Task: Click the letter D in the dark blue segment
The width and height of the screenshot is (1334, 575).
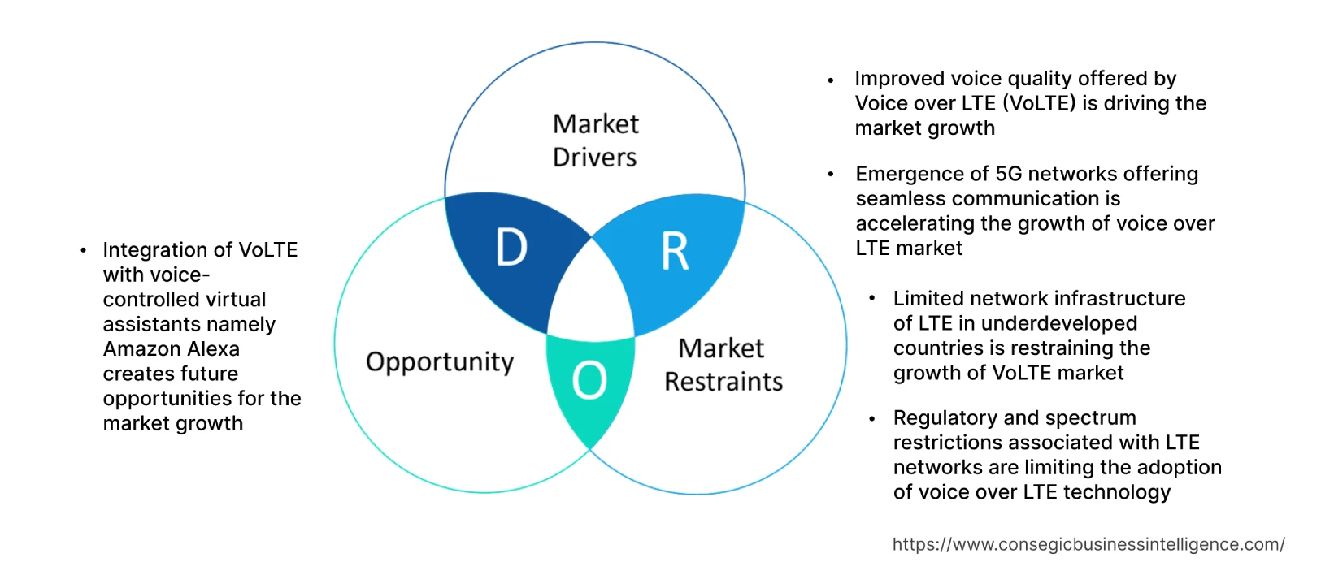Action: [x=511, y=248]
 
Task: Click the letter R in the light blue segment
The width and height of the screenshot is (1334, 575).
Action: [x=675, y=252]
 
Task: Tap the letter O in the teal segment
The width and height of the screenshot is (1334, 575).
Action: [x=589, y=380]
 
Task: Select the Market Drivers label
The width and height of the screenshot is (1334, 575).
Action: [x=595, y=141]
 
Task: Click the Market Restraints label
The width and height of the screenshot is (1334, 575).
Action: [x=723, y=365]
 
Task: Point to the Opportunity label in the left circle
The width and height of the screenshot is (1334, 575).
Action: [x=440, y=361]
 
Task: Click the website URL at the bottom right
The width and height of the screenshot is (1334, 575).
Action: [x=1088, y=544]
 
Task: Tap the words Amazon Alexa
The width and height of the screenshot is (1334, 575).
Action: [x=172, y=349]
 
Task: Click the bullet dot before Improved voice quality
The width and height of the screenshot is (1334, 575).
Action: [x=830, y=80]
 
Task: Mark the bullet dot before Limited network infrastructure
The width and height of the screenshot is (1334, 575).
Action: [x=871, y=299]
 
